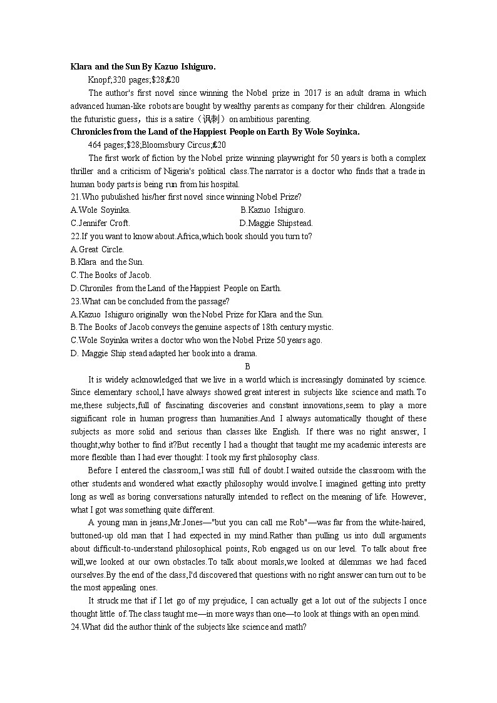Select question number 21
click(76, 197)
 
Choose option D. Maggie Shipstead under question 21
click(276, 223)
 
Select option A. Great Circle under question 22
click(97, 249)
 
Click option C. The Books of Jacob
click(111, 275)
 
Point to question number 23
click(76, 301)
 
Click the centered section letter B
click(248, 366)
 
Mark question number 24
click(76, 627)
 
